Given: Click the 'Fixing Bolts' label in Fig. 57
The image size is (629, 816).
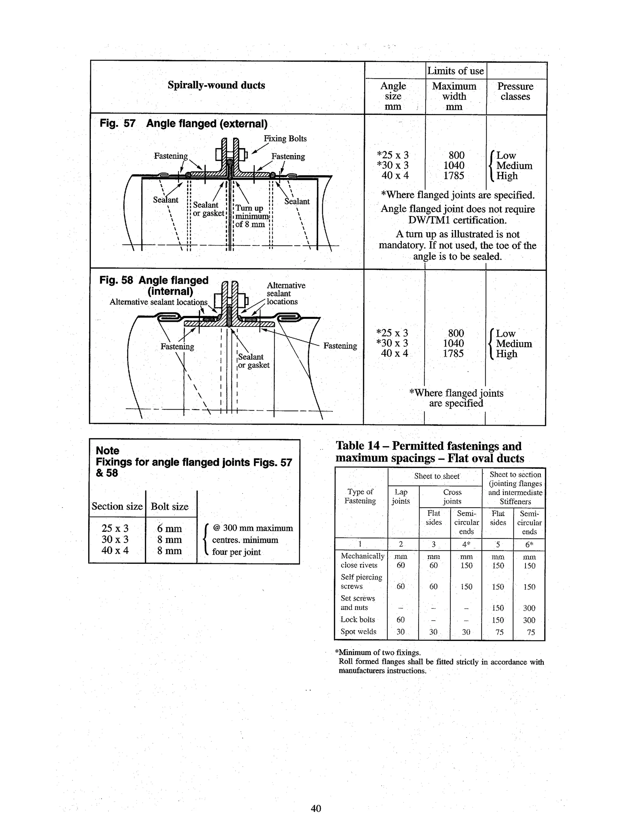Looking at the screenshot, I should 285,139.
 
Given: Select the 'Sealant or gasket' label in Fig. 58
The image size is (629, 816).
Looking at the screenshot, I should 253,361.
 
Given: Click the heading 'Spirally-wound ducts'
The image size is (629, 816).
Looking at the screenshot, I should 216,85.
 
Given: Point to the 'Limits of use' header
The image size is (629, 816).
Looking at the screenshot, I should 455,71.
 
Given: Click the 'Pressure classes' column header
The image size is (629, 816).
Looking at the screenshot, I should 515,92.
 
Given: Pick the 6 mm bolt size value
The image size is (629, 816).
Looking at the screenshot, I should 169,529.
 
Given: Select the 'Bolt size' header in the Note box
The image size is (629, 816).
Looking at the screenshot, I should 169,507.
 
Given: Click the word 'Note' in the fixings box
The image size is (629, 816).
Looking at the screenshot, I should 107,451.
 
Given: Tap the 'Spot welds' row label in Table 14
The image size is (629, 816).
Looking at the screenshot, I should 358,632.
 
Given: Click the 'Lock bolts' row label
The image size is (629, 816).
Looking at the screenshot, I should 358,619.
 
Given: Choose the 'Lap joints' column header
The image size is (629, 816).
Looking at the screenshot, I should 400,497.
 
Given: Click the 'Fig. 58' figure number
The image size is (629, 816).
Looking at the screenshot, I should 116,280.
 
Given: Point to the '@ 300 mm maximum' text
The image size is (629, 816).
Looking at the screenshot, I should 253,528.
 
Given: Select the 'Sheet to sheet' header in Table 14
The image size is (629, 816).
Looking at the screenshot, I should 436,476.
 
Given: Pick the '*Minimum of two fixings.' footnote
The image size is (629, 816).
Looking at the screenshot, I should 378,653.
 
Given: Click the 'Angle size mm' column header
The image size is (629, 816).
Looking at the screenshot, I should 393,96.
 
